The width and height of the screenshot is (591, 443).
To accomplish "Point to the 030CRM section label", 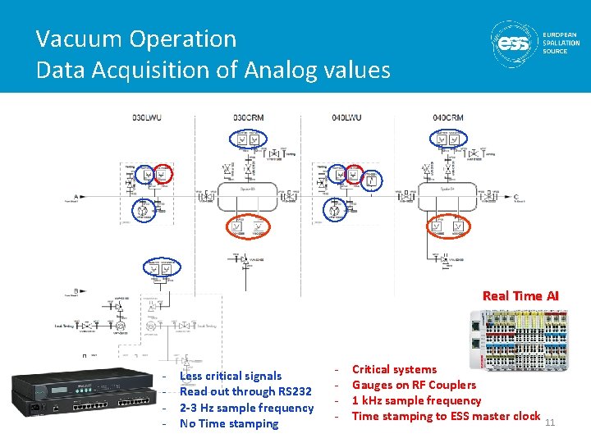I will click(248, 117).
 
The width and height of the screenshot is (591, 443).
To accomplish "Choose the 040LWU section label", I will click(346, 117).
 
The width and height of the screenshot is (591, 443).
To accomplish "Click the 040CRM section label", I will click(447, 117).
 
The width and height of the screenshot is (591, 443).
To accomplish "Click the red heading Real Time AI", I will click(520, 295).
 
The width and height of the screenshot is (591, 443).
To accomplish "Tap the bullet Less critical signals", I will click(230, 376).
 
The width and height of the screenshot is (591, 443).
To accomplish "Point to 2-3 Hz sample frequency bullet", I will click(246, 408).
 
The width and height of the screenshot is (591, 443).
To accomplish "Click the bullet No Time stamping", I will click(229, 423).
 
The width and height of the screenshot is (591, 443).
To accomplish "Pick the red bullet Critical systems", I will click(394, 369).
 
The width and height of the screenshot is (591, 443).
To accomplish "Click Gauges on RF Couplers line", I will click(414, 385).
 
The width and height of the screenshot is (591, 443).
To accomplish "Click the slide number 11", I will click(551, 422).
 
